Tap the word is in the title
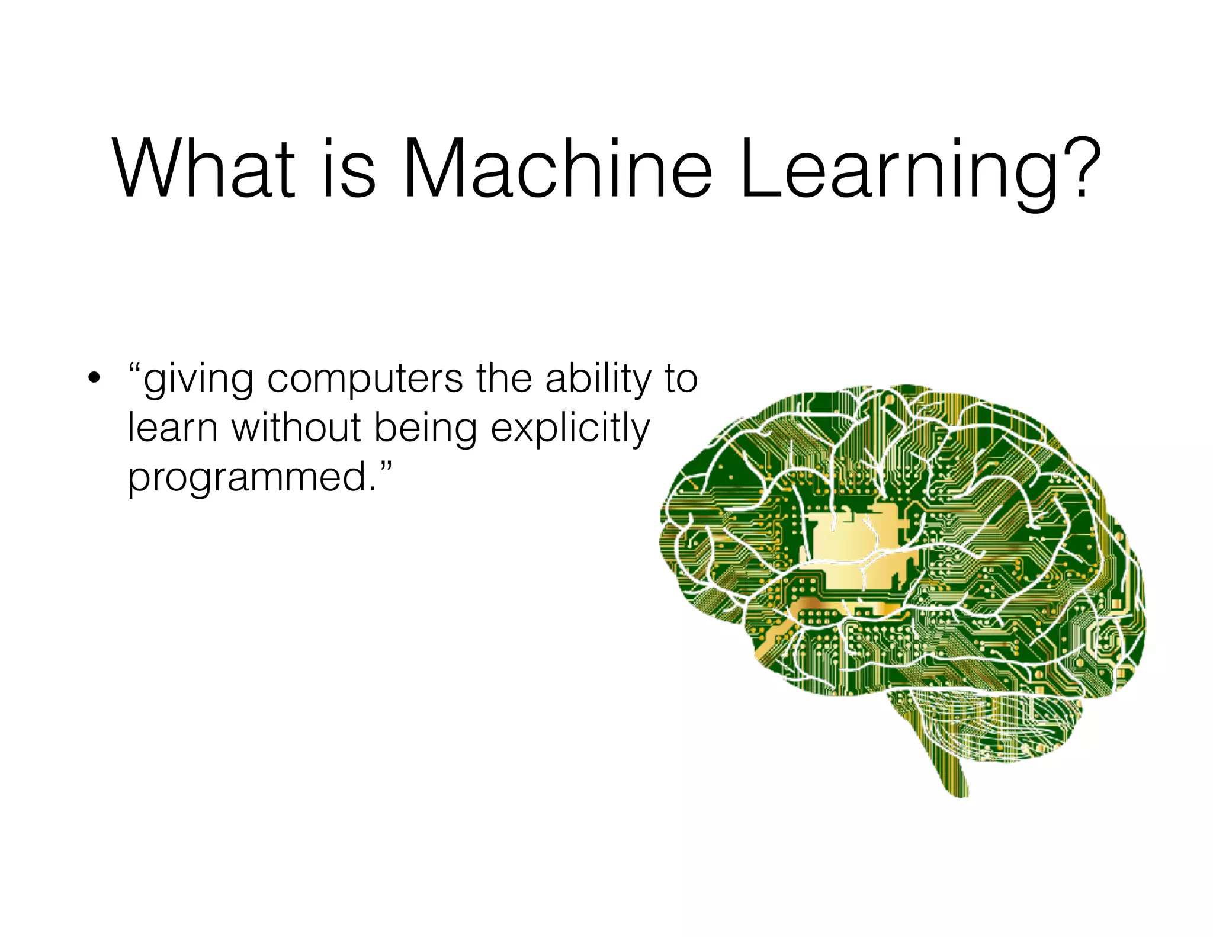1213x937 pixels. [349, 169]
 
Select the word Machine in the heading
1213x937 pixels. [557, 169]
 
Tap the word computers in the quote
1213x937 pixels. [365, 379]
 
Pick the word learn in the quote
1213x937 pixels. [172, 428]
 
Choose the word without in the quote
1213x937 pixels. [296, 428]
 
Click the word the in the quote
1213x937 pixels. [503, 379]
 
